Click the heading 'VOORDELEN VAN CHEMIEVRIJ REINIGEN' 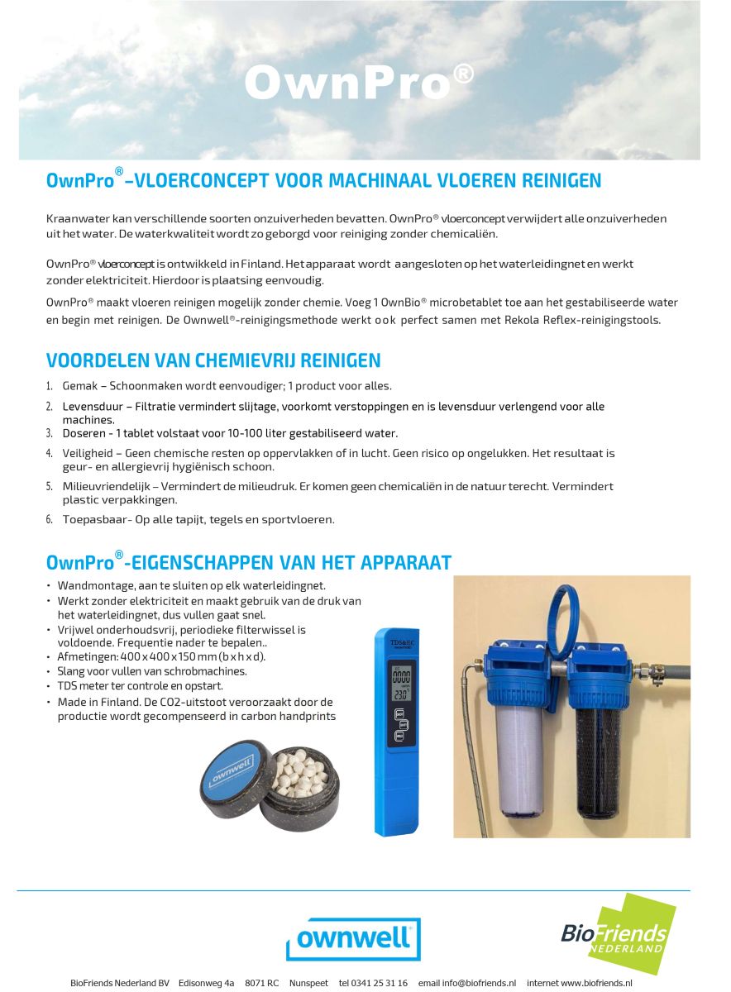213,360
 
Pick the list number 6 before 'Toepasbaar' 50,520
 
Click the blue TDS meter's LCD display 403,680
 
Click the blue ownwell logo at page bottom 353,938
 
